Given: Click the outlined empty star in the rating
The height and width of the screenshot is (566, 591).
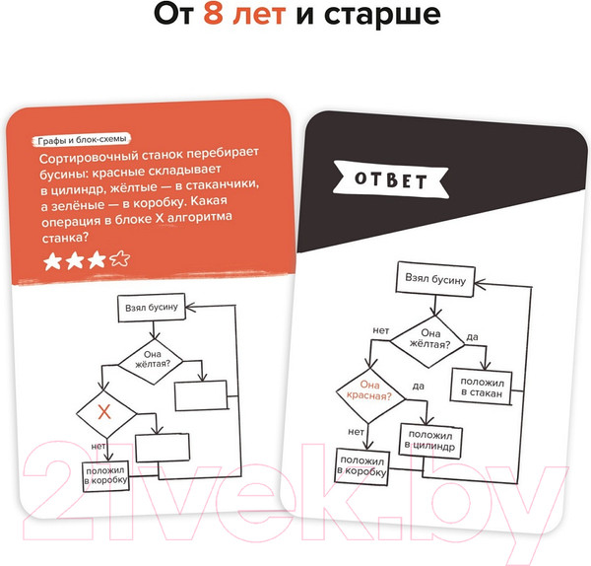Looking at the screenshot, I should click(x=119, y=261).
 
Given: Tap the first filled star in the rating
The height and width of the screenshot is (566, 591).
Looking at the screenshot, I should click(x=51, y=261).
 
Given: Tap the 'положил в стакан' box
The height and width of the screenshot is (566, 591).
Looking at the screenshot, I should click(x=481, y=388).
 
